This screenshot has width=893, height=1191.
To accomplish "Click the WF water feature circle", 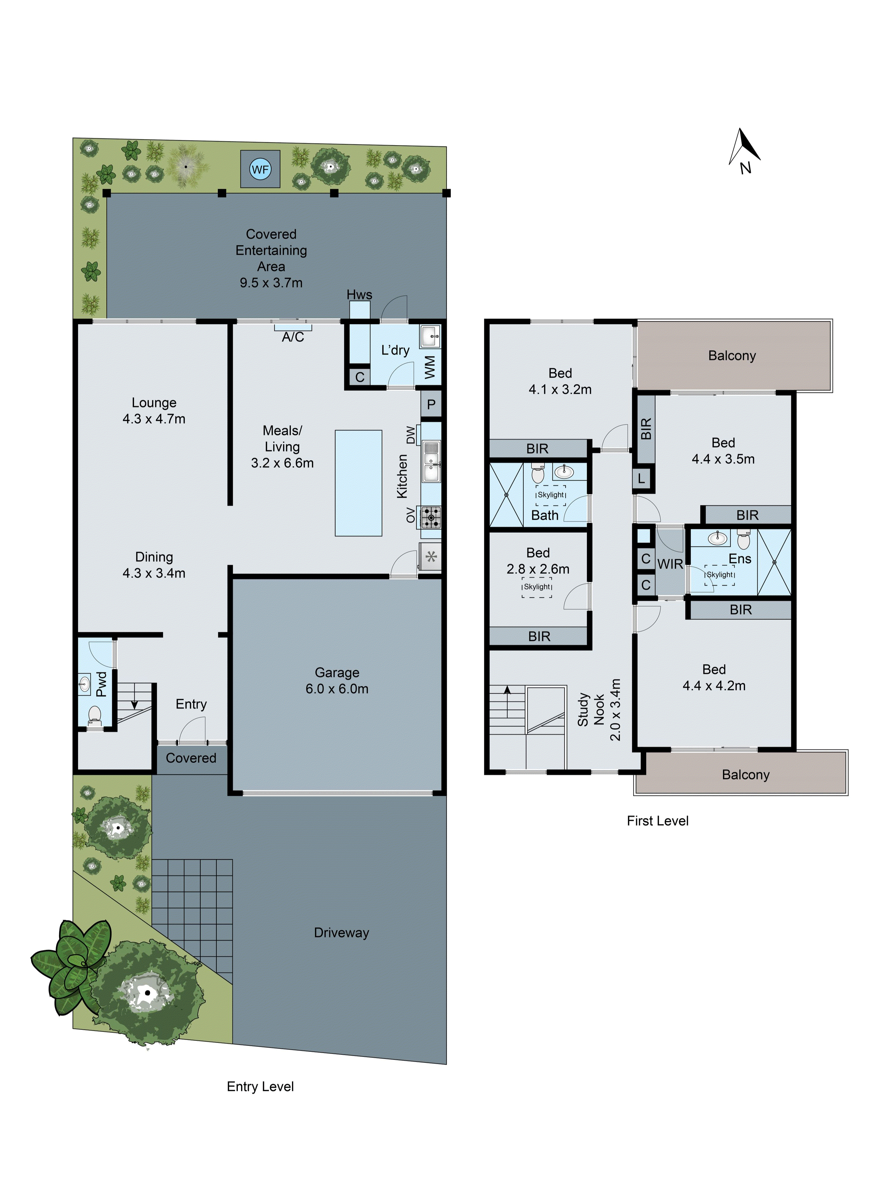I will [x=260, y=169].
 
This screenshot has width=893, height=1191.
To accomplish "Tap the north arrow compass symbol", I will [x=744, y=148].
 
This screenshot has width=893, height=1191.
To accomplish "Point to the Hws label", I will [x=359, y=295].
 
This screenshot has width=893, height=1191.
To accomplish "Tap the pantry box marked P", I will [x=431, y=404].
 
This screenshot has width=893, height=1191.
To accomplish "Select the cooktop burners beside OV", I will [x=431, y=517].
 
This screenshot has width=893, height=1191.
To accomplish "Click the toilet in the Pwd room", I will [x=95, y=715].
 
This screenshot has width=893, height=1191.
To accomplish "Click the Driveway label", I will [x=341, y=932].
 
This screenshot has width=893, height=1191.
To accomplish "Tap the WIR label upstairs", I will [x=670, y=564].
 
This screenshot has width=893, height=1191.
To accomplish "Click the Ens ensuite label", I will [x=740, y=559].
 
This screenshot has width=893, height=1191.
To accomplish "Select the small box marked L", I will [x=641, y=478].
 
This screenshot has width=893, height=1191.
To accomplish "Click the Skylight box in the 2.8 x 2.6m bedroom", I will [x=537, y=587].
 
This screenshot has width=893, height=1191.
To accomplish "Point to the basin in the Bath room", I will [x=563, y=472].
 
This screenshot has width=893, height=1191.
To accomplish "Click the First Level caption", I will [x=657, y=821].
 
